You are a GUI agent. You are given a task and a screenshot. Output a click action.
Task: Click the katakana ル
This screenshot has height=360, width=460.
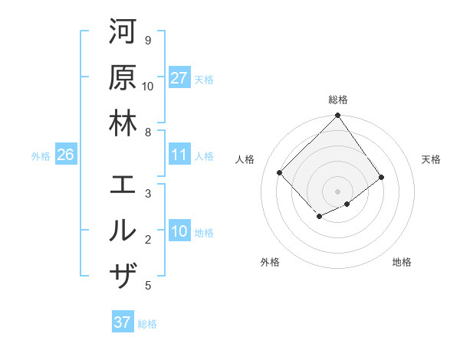click(x=123, y=231)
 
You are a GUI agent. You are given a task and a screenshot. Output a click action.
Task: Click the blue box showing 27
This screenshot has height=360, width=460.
click(x=179, y=78)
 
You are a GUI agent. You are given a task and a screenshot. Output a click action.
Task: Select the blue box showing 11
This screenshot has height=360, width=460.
click(x=179, y=155)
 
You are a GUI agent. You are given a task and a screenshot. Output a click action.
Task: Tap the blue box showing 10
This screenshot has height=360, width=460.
click(x=179, y=231)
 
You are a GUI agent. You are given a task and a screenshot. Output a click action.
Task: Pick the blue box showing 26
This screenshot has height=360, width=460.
click(x=65, y=155)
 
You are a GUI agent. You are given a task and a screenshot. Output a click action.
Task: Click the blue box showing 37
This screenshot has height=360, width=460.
click(x=122, y=322)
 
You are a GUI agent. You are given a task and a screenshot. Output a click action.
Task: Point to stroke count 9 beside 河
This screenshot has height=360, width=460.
click(x=148, y=40)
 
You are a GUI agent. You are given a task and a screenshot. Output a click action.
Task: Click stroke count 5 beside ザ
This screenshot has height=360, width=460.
click(x=148, y=286)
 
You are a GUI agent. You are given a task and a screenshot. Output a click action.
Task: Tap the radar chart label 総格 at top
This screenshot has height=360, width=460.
click(x=338, y=100)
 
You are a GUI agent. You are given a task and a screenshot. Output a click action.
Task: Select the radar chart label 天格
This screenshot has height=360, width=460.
click(x=432, y=159)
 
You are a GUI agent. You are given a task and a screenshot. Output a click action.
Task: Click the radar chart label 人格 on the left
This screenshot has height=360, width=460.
click(x=245, y=159)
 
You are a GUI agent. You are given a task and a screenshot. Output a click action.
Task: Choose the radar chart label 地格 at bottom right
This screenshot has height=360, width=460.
click(x=402, y=262)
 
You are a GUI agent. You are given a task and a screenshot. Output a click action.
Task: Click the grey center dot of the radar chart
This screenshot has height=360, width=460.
click(x=338, y=191)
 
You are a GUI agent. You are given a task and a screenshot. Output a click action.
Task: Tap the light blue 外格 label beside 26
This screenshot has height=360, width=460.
click(x=41, y=155)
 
